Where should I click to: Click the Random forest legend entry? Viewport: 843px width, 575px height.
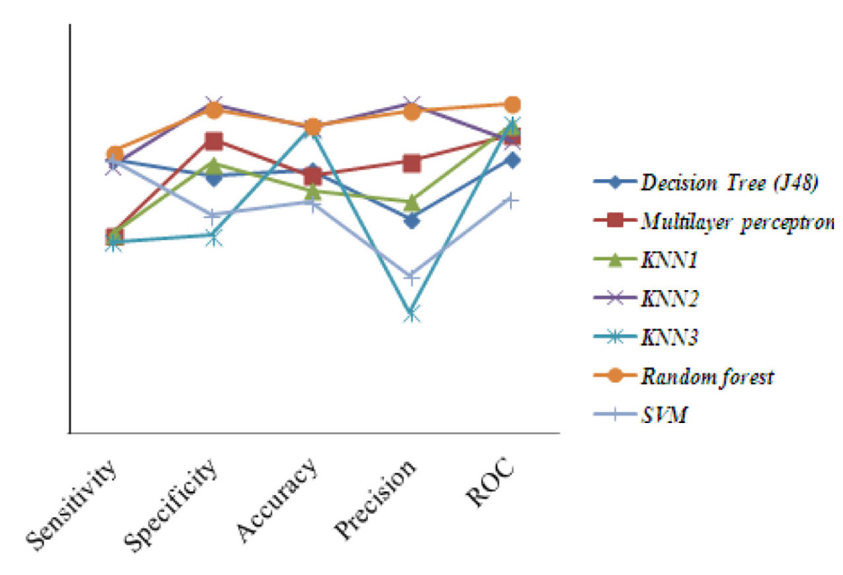(707, 377)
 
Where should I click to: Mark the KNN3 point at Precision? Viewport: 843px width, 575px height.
(411, 313)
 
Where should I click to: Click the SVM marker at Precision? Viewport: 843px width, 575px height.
(411, 277)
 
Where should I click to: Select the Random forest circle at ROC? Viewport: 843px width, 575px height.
(512, 104)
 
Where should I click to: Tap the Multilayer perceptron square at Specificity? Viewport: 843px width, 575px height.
(213, 141)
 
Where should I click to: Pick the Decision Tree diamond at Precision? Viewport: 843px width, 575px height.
(411, 220)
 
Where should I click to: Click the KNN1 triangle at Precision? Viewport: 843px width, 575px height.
(411, 201)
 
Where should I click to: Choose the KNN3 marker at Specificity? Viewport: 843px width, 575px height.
(213, 237)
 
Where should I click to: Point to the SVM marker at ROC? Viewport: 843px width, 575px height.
(512, 199)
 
